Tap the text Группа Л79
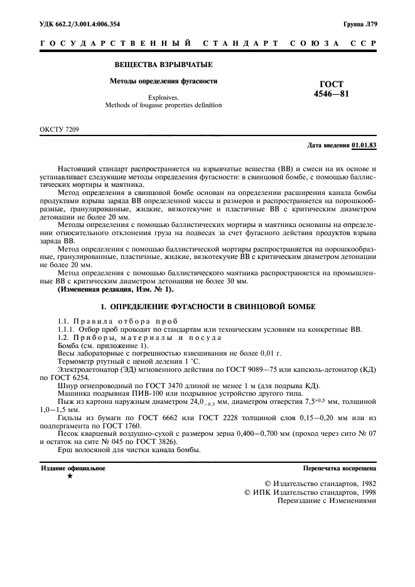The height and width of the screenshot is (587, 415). click(360, 24)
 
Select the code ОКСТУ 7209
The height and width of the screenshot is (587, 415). click(60, 130)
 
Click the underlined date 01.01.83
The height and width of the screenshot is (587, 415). click(364, 145)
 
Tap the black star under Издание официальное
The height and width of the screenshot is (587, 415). click(70, 477)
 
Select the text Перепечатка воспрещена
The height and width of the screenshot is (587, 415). click(339, 468)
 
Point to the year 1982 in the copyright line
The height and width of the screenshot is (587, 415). click(365, 484)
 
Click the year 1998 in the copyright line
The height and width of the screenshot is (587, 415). click(365, 492)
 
